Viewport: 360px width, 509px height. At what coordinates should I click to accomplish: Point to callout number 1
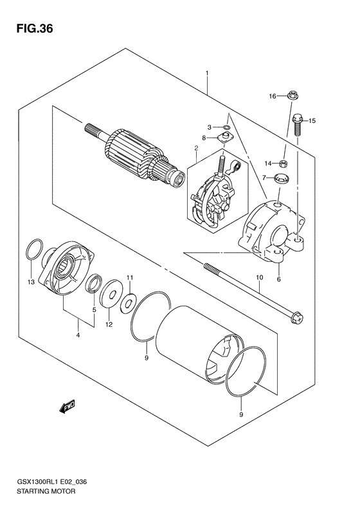pyautogui.click(x=207, y=73)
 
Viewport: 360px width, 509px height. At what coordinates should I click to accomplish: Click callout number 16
pyautogui.click(x=272, y=97)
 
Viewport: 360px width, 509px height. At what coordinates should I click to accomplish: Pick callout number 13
pyautogui.click(x=30, y=281)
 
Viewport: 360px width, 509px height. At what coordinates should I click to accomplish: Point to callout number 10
pyautogui.click(x=260, y=278)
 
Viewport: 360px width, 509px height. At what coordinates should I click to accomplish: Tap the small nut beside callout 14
pyautogui.click(x=284, y=163)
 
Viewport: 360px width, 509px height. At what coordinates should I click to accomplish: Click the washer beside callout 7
pyautogui.click(x=281, y=178)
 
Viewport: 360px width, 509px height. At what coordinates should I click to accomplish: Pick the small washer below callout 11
pyautogui.click(x=129, y=297)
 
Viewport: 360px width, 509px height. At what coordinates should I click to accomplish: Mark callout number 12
pyautogui.click(x=109, y=324)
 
